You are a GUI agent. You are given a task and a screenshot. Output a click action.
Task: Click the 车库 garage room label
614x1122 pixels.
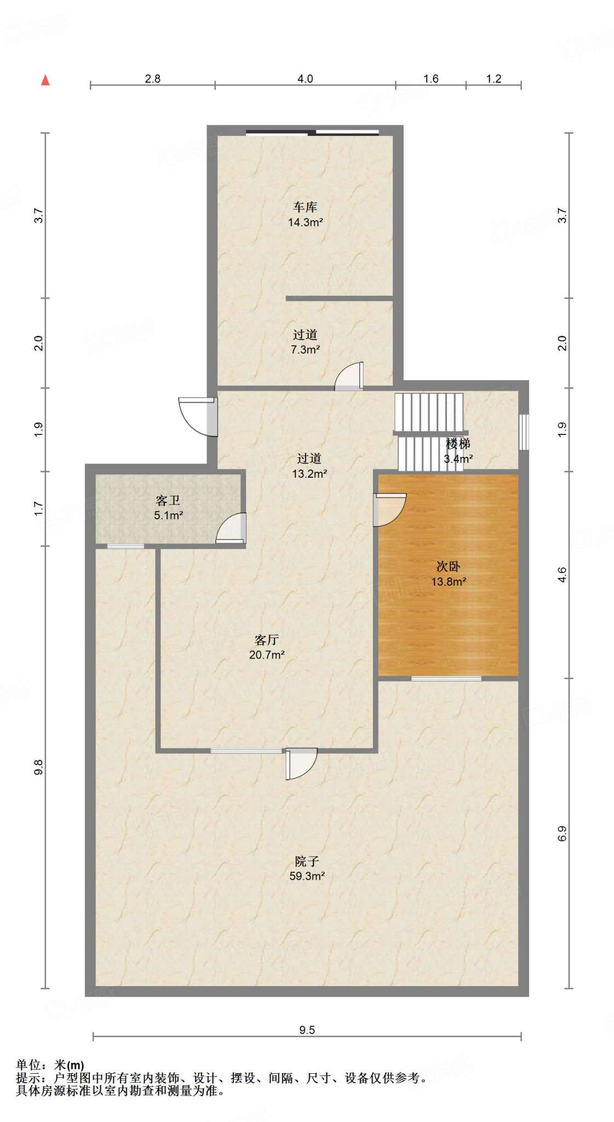305,207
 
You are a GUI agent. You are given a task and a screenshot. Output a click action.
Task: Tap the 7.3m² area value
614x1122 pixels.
305,350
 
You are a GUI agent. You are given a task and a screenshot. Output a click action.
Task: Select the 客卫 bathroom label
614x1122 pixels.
168,500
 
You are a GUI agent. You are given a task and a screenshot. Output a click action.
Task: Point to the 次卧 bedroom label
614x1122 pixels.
448,566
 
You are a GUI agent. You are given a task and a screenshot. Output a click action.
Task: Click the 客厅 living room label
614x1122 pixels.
267,640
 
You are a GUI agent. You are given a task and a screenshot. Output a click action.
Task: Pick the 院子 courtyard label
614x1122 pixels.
307,861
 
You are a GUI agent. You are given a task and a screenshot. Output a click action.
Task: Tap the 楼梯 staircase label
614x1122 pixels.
458,444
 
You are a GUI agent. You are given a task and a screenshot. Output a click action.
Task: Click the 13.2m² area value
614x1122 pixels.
309,473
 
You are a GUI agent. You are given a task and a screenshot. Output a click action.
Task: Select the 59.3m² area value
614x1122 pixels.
307,876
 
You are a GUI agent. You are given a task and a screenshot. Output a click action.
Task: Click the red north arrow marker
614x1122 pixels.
45,80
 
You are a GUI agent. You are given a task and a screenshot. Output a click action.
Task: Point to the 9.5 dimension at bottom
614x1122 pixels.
307,1030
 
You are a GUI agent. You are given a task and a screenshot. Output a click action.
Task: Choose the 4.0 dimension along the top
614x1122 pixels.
305,79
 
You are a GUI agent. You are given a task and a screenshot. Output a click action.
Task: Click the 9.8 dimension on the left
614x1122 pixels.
38,768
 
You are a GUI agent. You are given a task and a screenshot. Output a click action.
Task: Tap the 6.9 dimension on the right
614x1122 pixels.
562,833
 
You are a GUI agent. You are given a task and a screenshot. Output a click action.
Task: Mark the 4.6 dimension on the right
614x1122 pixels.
562,575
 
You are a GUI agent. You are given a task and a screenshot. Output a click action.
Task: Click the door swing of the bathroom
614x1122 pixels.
231,528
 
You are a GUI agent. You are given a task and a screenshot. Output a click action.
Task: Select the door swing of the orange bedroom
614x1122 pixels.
389,510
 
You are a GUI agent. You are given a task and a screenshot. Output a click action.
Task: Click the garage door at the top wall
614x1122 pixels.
312,132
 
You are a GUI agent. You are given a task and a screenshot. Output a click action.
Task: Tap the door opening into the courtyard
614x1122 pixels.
301,763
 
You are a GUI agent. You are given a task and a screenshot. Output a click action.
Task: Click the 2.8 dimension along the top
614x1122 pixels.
152,79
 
